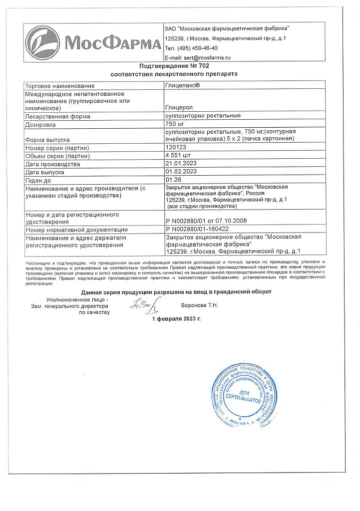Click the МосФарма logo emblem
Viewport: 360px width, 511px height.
[x=44, y=44]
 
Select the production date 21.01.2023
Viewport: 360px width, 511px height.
[x=180, y=164]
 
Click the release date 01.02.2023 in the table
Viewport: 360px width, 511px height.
[x=180, y=172]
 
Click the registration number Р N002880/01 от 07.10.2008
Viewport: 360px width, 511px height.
[x=206, y=221]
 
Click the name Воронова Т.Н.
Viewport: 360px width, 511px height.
[x=199, y=304]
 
